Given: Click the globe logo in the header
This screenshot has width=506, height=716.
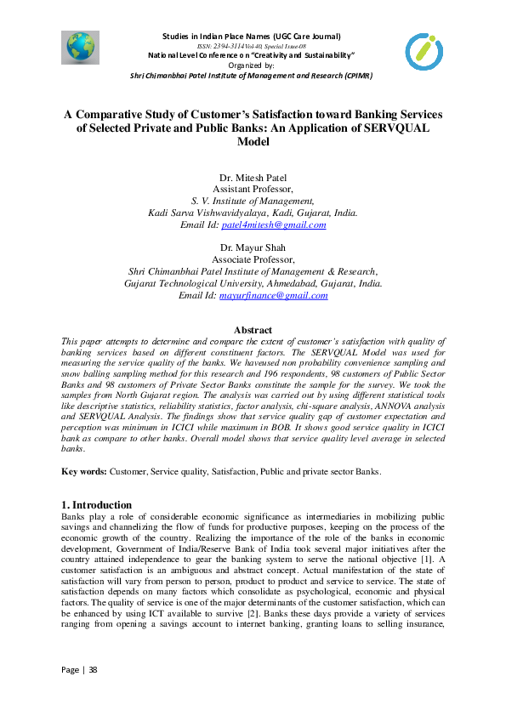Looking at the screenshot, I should [x=81, y=48].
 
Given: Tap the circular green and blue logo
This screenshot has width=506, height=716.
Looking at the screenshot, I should [x=424, y=52].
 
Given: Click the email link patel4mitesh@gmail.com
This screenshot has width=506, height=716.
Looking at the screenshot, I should [x=273, y=225].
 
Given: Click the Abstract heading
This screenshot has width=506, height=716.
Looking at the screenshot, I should [x=253, y=330].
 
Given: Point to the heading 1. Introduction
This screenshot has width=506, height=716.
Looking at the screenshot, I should [x=97, y=504].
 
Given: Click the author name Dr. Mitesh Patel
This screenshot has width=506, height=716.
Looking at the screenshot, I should [x=253, y=177].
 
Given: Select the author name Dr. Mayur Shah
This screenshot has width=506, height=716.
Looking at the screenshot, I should [x=253, y=247].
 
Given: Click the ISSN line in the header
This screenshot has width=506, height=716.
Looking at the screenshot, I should [x=253, y=46].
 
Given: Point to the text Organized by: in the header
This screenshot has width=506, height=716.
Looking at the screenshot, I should [x=253, y=65].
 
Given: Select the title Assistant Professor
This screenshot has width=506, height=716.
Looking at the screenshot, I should [x=253, y=189].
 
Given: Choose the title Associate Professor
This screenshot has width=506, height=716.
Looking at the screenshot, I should [x=253, y=259].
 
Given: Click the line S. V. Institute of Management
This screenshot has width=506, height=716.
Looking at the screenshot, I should [x=253, y=201].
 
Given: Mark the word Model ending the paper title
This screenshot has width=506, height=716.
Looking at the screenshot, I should [x=253, y=142].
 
